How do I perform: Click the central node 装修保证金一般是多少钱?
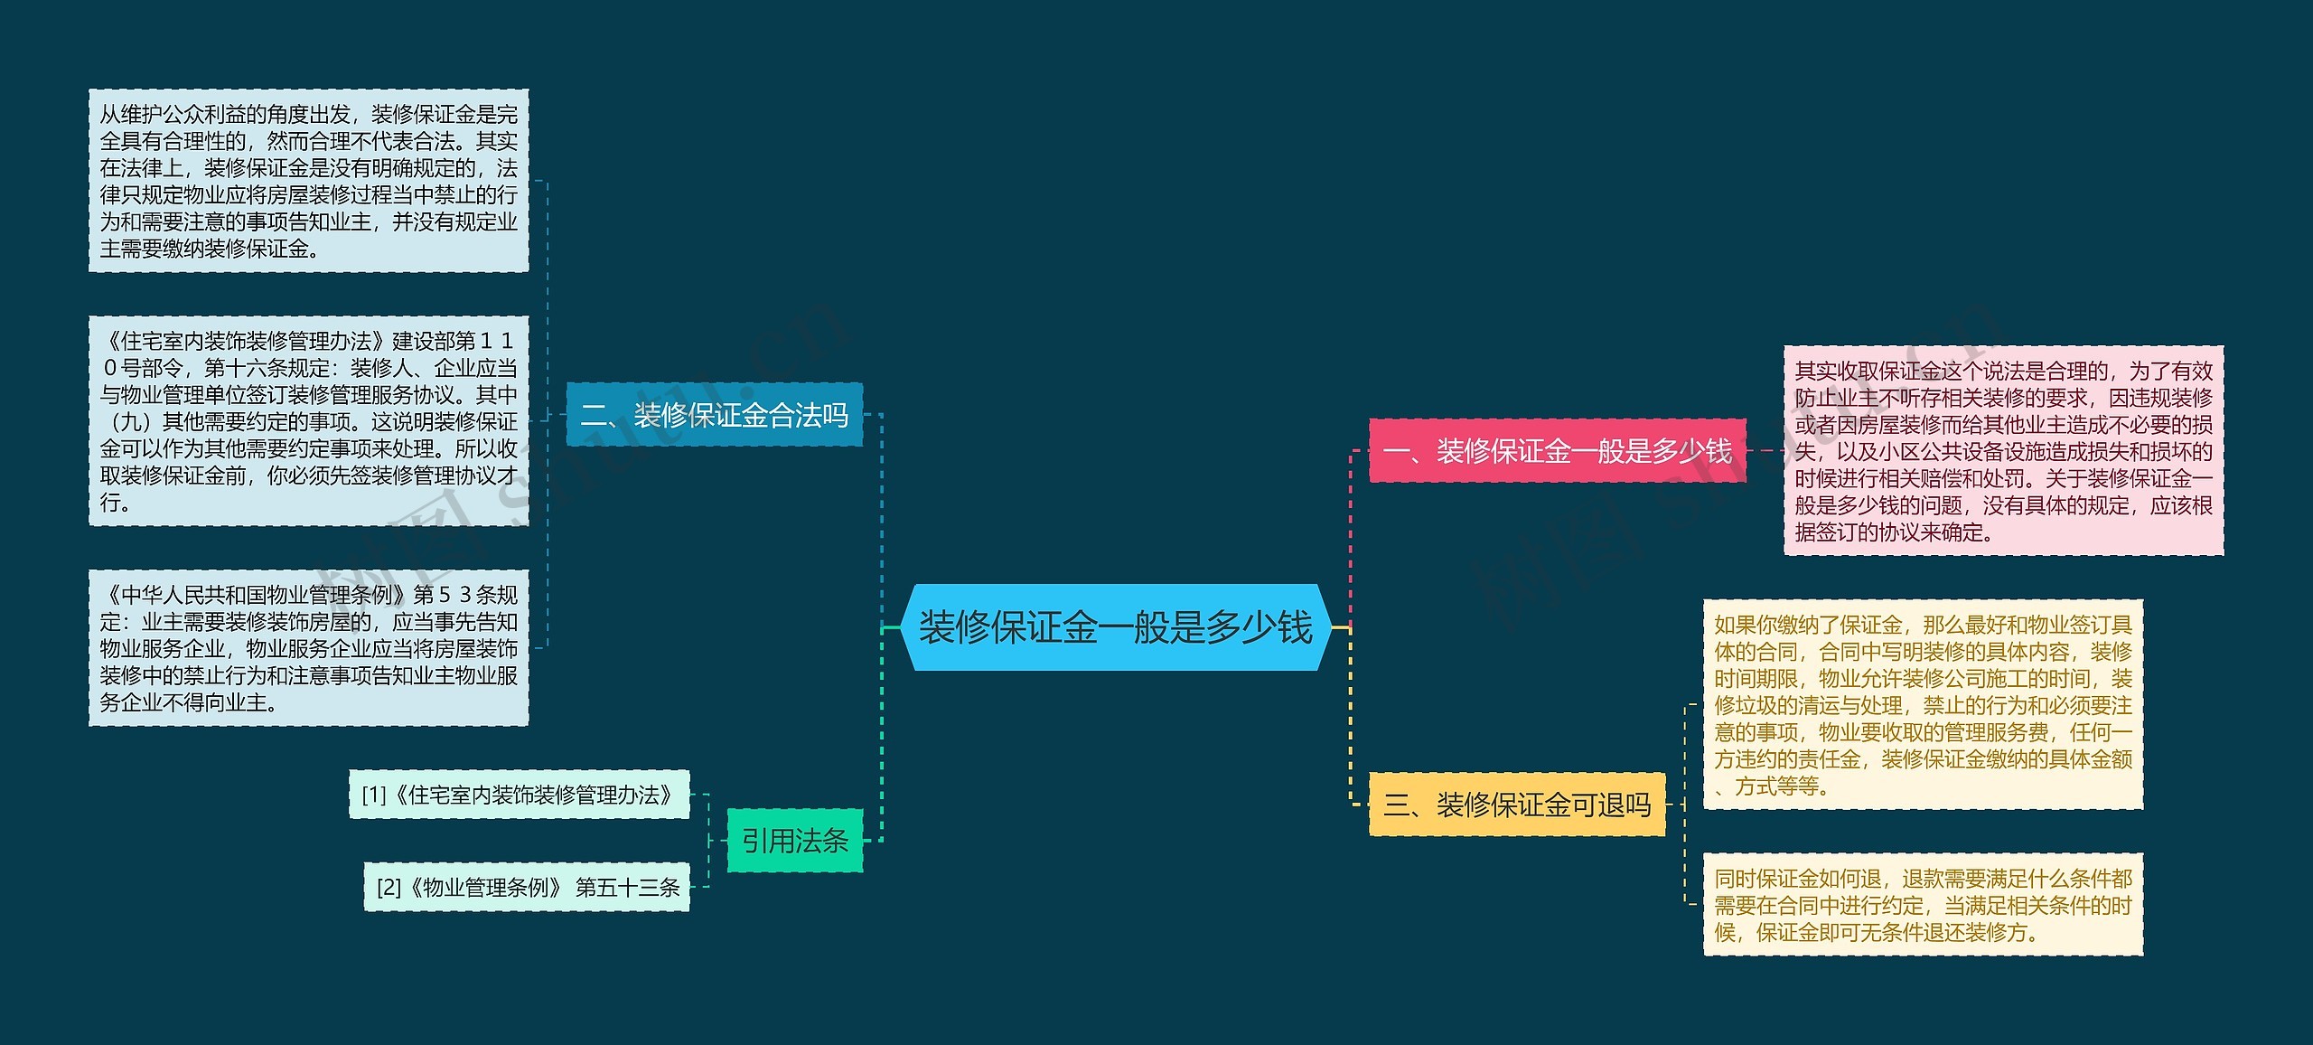tap(1115, 627)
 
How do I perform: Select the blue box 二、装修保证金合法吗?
tap(714, 415)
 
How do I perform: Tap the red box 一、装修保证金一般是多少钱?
tap(1557, 450)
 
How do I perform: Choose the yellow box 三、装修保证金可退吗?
tap(1517, 805)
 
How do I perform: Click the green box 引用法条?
tap(795, 841)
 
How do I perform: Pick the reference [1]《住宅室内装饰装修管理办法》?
tap(519, 795)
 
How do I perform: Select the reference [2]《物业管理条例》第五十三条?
tap(527, 887)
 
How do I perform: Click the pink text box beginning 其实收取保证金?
tap(2003, 450)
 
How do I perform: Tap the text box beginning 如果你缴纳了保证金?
tap(1923, 704)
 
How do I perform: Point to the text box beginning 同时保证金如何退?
tap(1923, 905)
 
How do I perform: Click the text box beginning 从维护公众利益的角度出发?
tap(308, 181)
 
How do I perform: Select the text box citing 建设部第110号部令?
tap(308, 421)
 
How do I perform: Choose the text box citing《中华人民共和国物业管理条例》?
tap(308, 647)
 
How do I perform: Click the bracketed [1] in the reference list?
tap(374, 795)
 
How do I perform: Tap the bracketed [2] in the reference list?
tap(389, 888)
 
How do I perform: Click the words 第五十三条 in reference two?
tap(628, 888)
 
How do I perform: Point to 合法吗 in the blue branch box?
tap(809, 415)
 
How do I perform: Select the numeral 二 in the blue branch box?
tap(594, 415)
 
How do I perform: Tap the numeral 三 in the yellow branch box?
tap(1397, 805)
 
